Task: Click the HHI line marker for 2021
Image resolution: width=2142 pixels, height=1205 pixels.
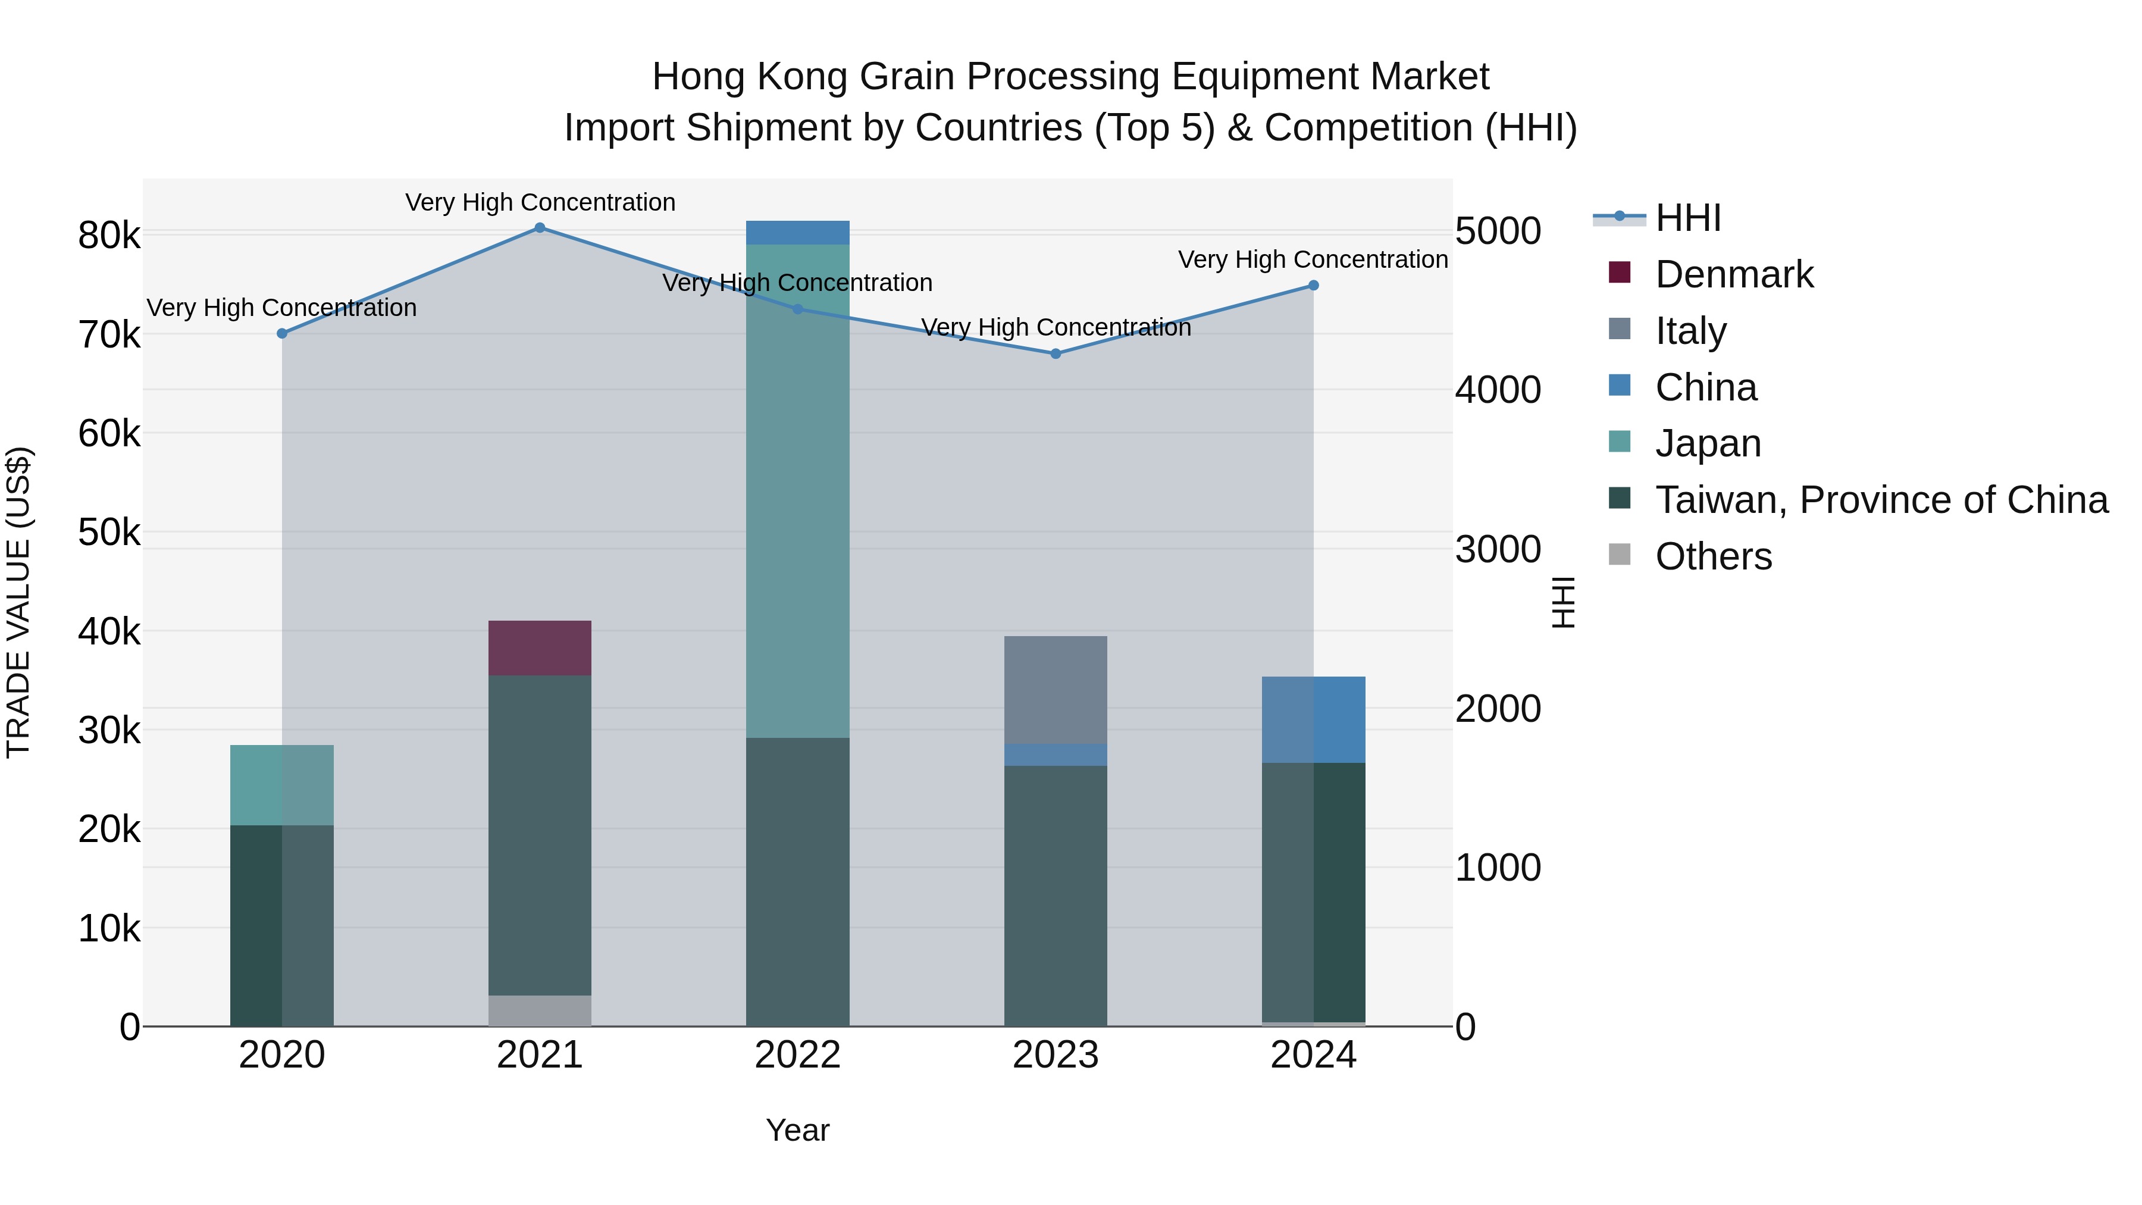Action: (540, 228)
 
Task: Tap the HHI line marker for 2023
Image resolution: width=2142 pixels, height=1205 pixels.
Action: (1056, 353)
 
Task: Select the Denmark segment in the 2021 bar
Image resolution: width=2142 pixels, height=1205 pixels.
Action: (540, 648)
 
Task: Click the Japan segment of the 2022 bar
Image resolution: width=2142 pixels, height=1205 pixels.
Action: (797, 491)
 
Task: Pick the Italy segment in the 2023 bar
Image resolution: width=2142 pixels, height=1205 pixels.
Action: (1056, 690)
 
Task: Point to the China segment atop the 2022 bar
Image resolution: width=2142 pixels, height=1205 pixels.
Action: (797, 233)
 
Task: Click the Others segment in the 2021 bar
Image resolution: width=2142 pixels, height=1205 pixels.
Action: (540, 1010)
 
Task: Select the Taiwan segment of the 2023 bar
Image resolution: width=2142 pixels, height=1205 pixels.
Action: (1056, 895)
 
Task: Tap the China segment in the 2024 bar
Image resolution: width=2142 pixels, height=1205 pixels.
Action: (1314, 719)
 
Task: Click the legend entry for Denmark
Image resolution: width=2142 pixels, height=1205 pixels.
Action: (1734, 274)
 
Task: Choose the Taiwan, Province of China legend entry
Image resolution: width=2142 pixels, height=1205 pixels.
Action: (1881, 500)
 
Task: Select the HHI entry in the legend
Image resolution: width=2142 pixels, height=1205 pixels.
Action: (1687, 218)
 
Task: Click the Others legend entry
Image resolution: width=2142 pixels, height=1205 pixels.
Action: (1713, 556)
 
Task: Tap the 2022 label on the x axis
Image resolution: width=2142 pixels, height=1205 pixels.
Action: (797, 1055)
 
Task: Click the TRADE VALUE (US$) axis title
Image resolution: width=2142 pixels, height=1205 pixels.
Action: (19, 602)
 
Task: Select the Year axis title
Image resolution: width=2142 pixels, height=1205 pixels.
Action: (797, 1130)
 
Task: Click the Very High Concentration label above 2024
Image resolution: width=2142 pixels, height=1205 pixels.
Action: (1313, 259)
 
